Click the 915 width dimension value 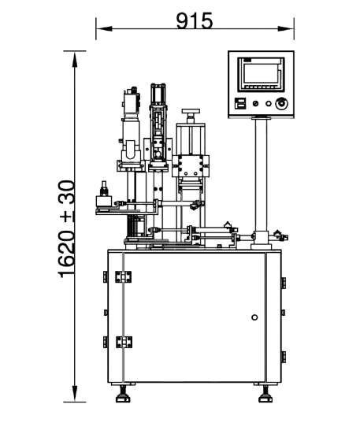click(x=195, y=20)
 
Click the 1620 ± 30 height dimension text click(x=67, y=228)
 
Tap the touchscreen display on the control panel click(x=261, y=74)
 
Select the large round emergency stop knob click(x=281, y=104)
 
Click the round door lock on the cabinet click(x=254, y=317)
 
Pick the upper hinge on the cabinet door click(x=123, y=276)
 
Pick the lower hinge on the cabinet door click(x=124, y=342)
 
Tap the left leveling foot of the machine click(x=123, y=394)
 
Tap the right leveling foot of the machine click(x=265, y=394)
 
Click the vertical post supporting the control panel click(x=261, y=176)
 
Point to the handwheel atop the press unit click(x=191, y=111)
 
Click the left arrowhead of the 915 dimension click(x=104, y=28)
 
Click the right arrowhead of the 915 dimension click(x=286, y=28)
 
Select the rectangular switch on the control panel click(x=240, y=104)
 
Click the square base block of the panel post click(x=261, y=238)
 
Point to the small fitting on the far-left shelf click(x=104, y=188)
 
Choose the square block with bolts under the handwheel click(x=191, y=165)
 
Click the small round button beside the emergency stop click(x=269, y=104)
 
